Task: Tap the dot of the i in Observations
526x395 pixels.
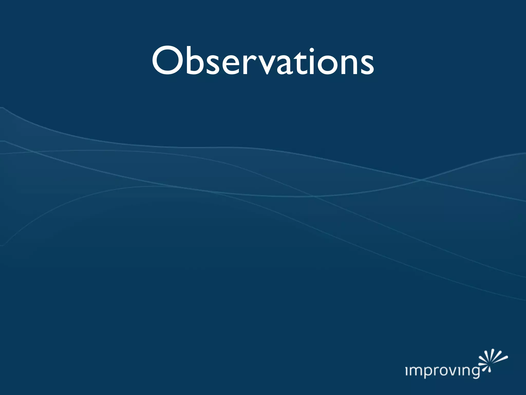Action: point(312,50)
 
